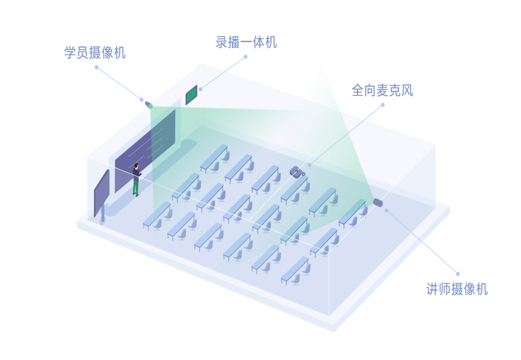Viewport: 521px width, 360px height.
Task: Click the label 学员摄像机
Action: [x=95, y=52]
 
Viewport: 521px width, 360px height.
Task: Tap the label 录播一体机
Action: [x=246, y=42]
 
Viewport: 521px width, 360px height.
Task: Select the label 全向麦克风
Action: [x=382, y=90]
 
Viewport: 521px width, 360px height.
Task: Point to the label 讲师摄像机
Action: [x=457, y=289]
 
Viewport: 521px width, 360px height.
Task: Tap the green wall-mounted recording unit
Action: [x=192, y=95]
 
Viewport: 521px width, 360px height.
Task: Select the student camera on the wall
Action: [x=148, y=103]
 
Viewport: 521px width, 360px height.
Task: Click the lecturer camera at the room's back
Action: [x=378, y=203]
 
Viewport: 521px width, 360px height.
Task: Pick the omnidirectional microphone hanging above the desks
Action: [x=297, y=172]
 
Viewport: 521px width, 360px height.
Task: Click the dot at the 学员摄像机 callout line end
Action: [x=97, y=67]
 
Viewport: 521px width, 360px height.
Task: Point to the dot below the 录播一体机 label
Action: [x=246, y=57]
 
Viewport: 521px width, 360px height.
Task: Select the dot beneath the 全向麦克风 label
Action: [x=383, y=105]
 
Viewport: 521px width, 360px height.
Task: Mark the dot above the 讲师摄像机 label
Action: [x=458, y=274]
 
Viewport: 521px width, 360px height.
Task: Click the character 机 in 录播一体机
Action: [x=271, y=42]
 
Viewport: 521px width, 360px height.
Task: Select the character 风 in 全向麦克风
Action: [x=407, y=90]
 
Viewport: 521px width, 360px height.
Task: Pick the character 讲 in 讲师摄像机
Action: [x=432, y=289]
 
